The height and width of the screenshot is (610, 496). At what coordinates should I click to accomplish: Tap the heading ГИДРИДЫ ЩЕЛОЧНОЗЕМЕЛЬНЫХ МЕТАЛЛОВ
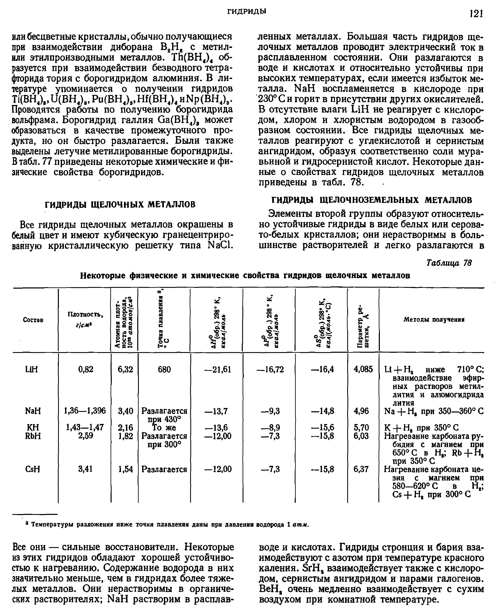[371, 200]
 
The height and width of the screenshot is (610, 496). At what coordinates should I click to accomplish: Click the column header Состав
[33, 320]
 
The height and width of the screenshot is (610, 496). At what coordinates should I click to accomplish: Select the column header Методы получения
[434, 320]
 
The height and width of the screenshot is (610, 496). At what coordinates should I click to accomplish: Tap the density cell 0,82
[86, 369]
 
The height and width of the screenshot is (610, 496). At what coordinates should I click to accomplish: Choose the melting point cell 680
[164, 369]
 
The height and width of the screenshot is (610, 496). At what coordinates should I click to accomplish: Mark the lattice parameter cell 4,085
[363, 369]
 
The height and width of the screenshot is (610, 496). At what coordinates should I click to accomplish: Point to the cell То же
[164, 427]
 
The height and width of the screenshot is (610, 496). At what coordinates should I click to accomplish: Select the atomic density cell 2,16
[125, 427]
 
